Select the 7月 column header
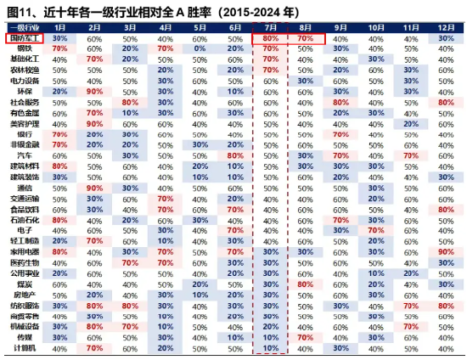tap(271, 28)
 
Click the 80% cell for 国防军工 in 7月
tap(271, 39)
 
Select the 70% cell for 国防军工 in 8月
tap(306, 39)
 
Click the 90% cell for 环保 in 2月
tap(95, 91)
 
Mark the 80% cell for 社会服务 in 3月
tap(130, 102)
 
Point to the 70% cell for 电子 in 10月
tap(375, 229)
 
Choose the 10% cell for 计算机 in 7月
tap(271, 347)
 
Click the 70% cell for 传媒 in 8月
tap(306, 336)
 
